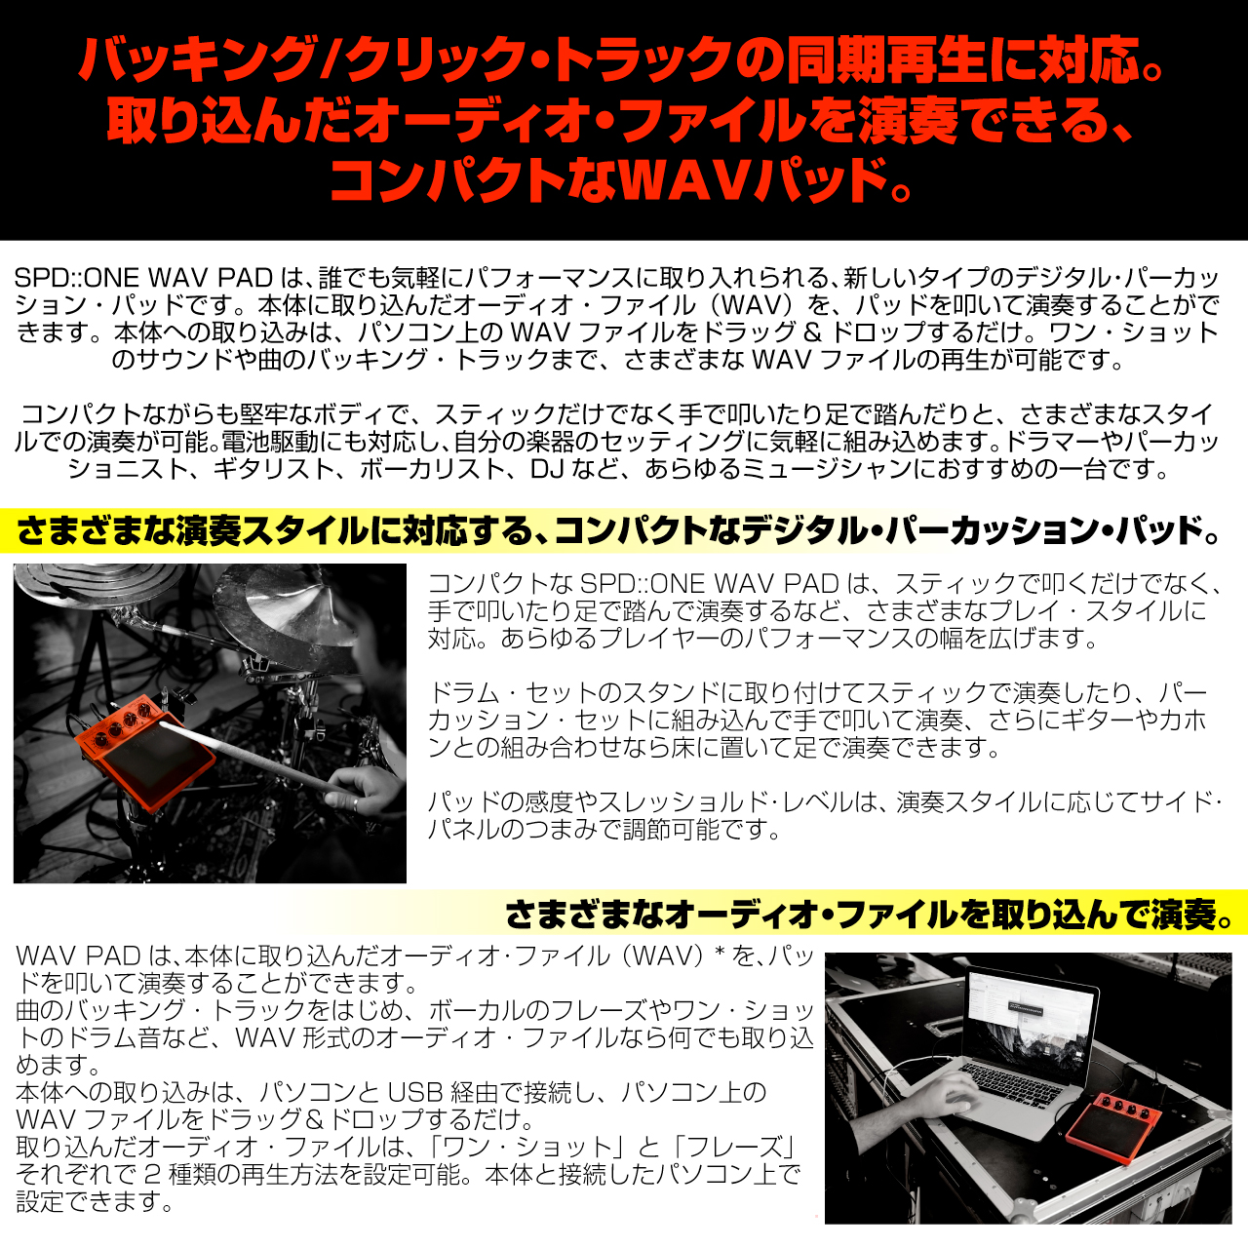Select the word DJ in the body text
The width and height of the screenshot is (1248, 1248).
pos(545,469)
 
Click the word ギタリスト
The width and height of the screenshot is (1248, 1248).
pos(273,469)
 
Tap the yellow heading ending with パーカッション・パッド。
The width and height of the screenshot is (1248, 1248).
pos(618,530)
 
